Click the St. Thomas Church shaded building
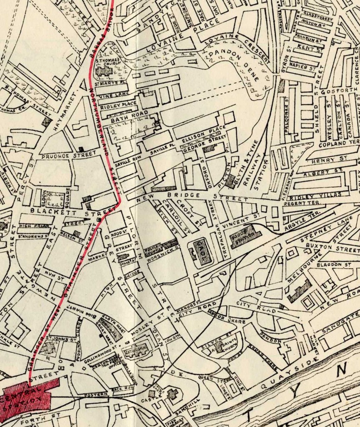[104, 71]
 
